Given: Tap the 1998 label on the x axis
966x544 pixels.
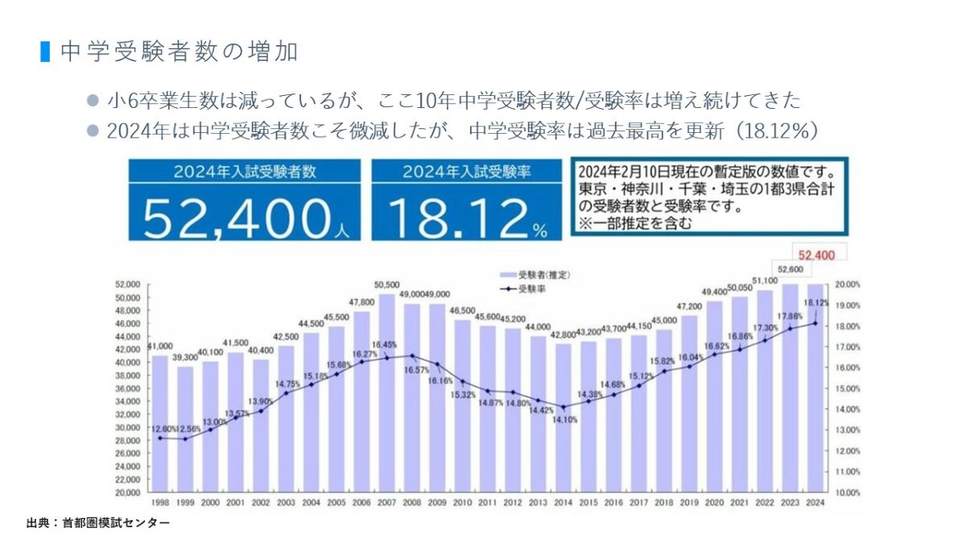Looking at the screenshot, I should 159,503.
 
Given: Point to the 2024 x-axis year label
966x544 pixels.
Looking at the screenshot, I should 815,503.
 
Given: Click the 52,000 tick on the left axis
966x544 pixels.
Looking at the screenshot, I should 129,284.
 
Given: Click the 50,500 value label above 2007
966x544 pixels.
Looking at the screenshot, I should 387,284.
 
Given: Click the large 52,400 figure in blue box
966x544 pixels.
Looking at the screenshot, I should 237,215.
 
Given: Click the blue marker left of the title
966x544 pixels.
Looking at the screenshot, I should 45,52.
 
